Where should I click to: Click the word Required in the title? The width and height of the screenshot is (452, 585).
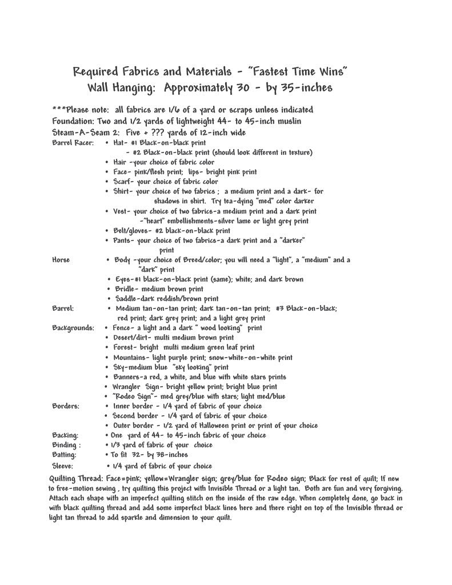[95, 72]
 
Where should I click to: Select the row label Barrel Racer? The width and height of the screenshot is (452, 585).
[71, 142]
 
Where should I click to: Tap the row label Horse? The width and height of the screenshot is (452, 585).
[61, 260]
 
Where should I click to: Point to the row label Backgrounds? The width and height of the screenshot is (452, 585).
[73, 328]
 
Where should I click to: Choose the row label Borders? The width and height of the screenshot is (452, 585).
[66, 406]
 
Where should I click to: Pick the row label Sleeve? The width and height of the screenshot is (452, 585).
[63, 466]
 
